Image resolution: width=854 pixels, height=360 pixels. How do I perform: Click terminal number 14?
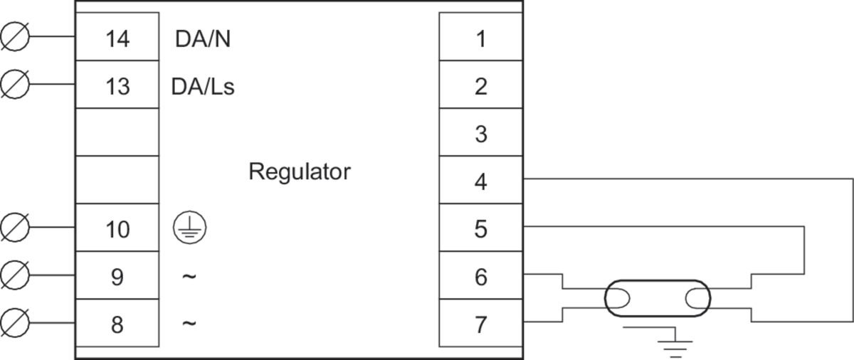117,38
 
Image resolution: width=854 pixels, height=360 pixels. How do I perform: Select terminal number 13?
117,87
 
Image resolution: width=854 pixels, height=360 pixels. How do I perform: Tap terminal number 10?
117,229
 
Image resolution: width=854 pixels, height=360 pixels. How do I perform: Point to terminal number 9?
117,277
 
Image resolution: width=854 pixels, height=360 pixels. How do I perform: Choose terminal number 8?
117,324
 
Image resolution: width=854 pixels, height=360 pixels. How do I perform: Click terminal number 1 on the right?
482,38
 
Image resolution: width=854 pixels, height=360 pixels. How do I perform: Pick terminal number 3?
481,134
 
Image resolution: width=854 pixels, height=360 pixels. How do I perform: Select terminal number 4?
481,181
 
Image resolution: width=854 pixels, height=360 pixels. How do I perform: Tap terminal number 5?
481,229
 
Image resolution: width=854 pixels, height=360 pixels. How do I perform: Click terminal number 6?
481,277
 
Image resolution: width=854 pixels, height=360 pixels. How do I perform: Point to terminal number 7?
481,324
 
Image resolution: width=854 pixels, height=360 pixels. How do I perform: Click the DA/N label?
203,39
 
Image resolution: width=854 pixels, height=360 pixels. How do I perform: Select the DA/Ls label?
203,87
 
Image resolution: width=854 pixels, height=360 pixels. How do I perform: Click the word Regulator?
300,171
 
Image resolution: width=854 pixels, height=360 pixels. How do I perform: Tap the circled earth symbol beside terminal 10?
190,228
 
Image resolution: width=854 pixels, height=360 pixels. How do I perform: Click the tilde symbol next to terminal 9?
189,276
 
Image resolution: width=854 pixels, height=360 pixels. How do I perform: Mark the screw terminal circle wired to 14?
15,36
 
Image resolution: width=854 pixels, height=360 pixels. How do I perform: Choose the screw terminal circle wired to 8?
15,323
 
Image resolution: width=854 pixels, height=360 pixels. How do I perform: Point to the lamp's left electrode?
618,298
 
